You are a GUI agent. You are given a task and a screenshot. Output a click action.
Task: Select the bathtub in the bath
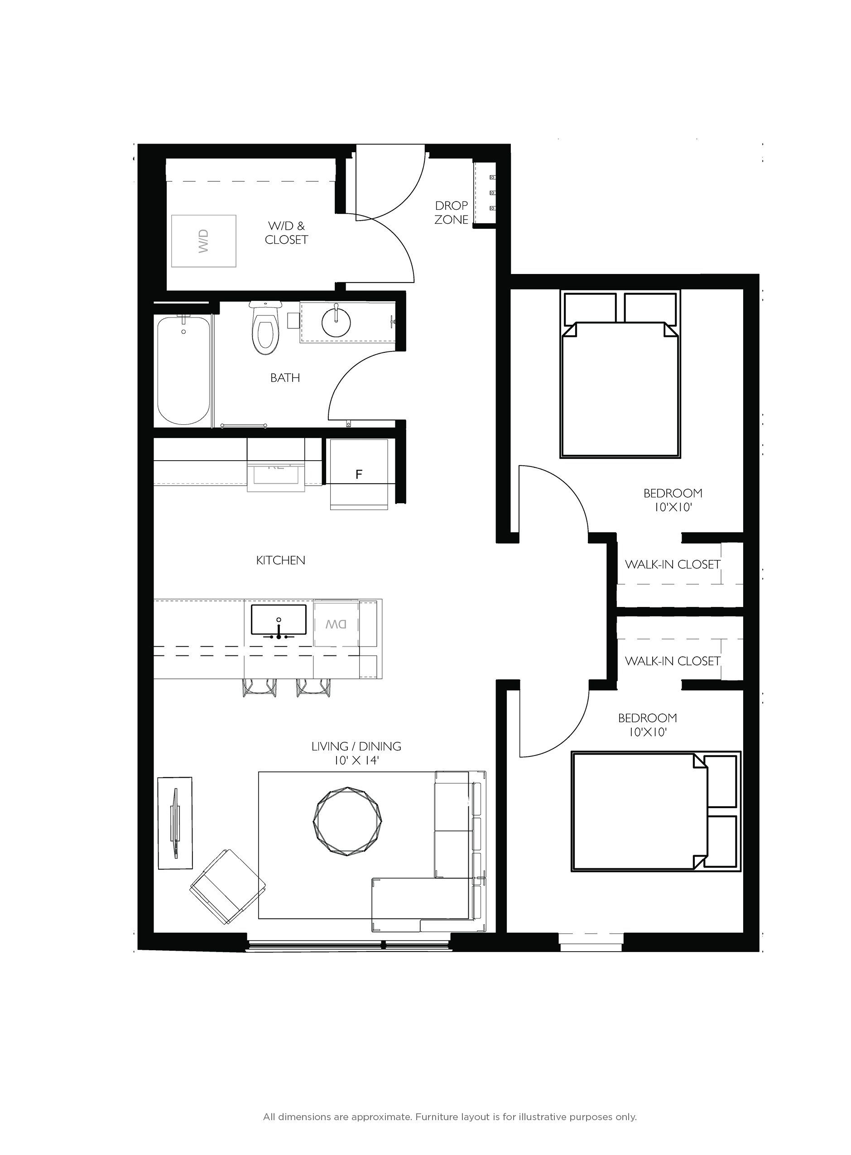tap(183, 371)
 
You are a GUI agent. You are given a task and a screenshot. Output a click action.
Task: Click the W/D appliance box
tap(203, 241)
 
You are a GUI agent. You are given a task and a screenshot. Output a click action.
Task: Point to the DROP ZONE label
tap(451, 212)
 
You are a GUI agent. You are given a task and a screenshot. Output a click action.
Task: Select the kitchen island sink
tap(279, 620)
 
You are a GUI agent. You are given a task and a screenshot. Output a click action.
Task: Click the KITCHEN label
tap(281, 560)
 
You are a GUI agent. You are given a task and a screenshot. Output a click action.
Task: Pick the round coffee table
tap(348, 822)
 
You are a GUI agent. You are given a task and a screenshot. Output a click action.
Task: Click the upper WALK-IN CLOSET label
tap(672, 565)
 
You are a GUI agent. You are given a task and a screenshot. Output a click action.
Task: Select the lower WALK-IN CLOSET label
tap(672, 661)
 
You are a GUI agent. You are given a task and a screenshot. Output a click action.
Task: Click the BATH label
tap(285, 378)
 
